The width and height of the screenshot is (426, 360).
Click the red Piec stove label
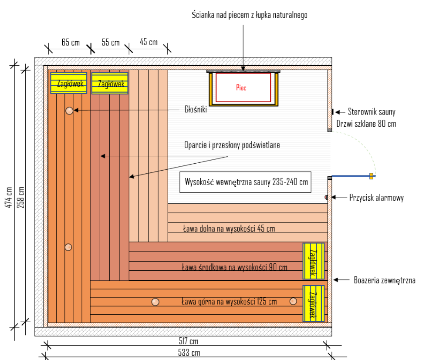coord(241,87)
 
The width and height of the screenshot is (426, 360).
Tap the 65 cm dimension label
coord(71,42)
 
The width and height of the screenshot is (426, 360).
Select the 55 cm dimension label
coord(111,42)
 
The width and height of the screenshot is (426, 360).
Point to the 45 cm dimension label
coord(149,42)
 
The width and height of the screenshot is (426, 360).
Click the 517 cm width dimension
coord(188,342)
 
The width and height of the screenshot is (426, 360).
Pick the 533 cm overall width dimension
coord(188,353)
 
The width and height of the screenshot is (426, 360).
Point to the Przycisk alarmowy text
coord(376,198)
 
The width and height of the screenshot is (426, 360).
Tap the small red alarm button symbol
coord(327,197)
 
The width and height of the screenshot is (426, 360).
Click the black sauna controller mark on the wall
coord(332,112)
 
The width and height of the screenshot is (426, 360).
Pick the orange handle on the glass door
coord(371,176)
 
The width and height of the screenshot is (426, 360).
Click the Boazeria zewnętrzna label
coord(385,280)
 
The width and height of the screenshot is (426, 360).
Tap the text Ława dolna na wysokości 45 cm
coord(229,228)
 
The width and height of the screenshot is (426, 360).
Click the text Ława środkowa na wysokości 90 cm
coord(234,267)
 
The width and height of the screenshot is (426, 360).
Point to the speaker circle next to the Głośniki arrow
coord(69,111)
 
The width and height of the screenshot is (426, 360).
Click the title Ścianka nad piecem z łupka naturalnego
coord(250,15)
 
